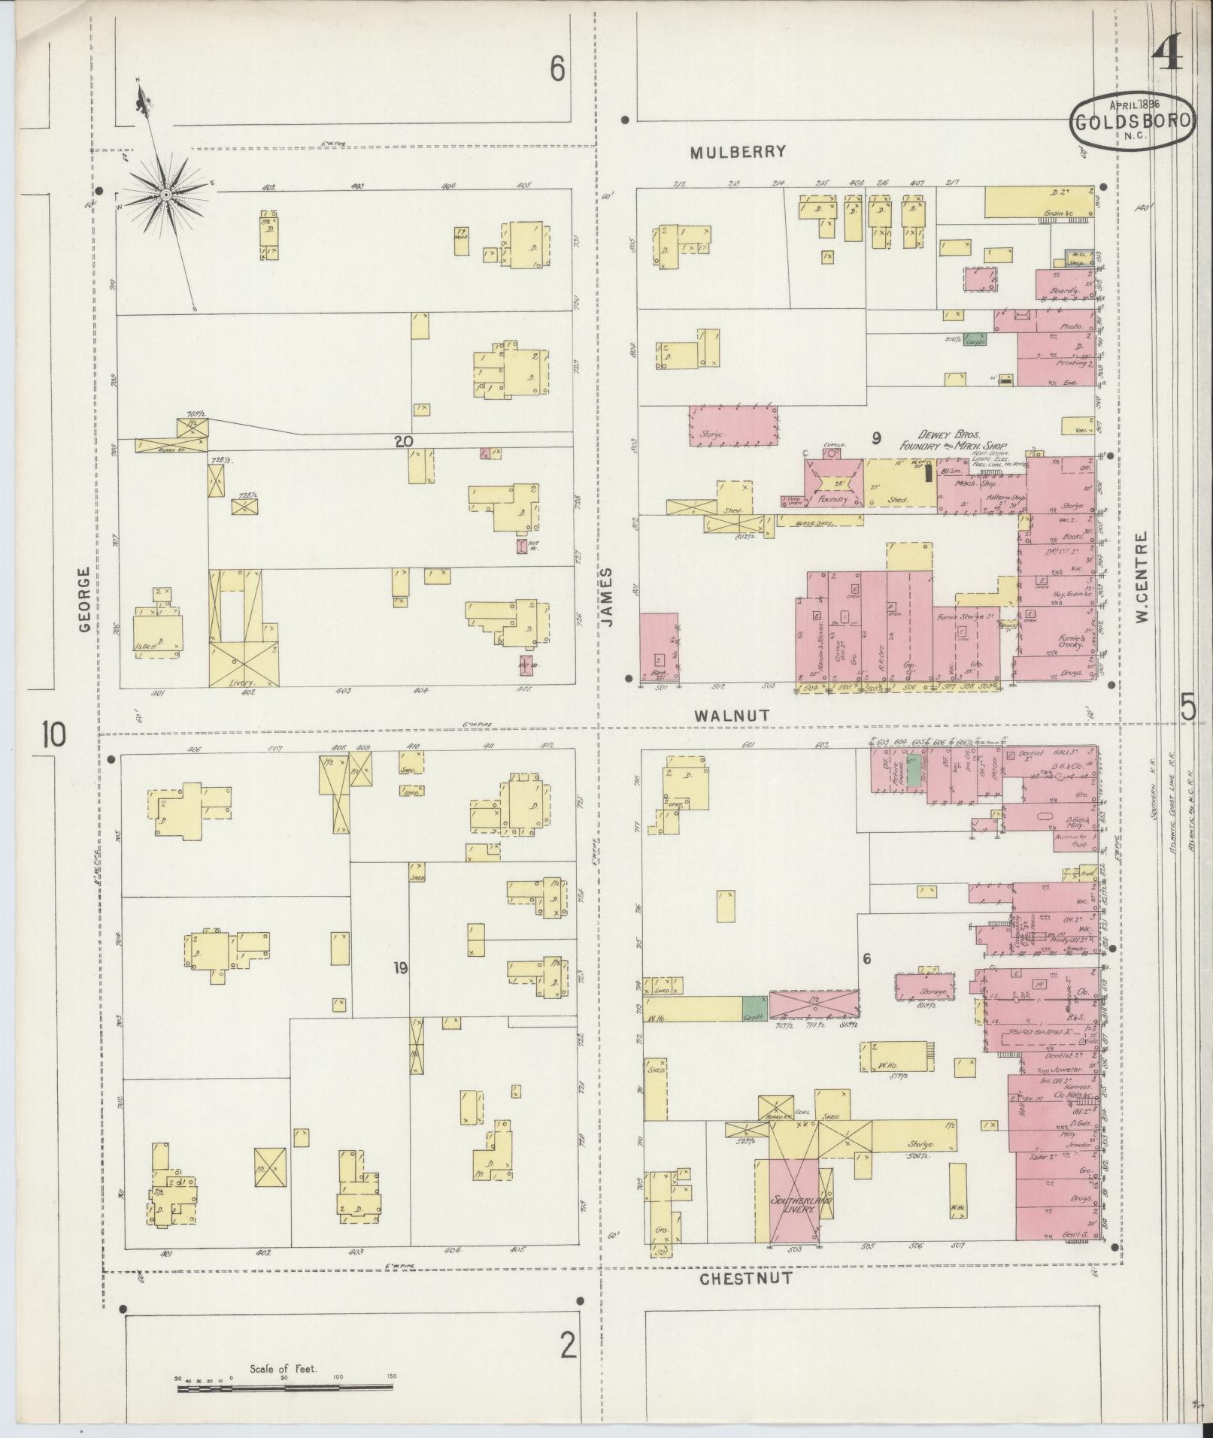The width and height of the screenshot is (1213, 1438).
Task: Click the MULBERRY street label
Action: click(738, 152)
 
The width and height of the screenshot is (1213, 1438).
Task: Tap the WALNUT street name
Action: click(732, 715)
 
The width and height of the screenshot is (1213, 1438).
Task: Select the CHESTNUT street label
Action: click(745, 1277)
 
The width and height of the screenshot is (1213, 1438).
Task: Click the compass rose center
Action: click(165, 195)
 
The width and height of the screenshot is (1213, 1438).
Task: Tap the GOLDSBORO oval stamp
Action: click(1133, 124)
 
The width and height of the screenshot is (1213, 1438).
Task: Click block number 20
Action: click(403, 442)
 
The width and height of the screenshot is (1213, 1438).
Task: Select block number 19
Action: click(399, 968)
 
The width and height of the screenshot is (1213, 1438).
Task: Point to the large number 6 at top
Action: click(556, 69)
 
